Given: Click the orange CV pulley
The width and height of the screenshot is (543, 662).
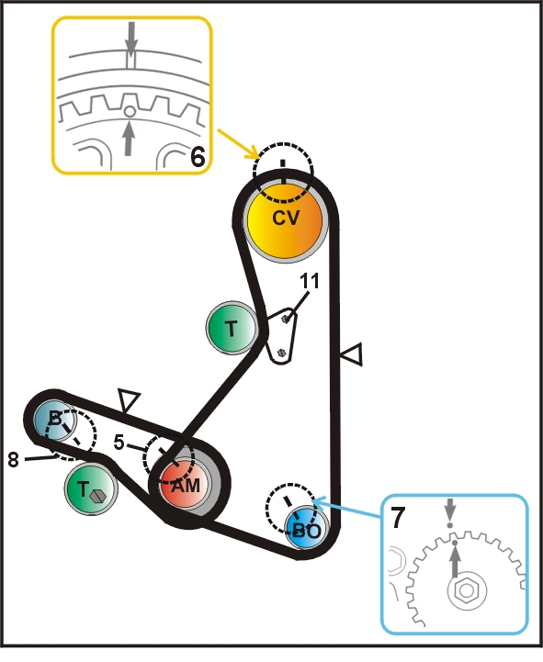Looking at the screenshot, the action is click(285, 219).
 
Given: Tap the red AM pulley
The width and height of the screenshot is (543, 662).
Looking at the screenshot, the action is click(185, 484).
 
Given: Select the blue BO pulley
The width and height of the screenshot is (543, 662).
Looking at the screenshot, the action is click(306, 528).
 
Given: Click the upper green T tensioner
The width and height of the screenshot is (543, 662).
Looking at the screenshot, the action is click(232, 328).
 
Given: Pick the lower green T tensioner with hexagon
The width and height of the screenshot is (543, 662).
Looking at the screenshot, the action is click(90, 488).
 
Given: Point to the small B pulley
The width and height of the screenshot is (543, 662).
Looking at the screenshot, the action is click(54, 420).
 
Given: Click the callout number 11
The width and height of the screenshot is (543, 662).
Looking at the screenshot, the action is click(310, 281).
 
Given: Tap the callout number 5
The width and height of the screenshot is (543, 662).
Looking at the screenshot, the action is click(119, 442).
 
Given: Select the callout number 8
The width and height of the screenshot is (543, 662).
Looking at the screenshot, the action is click(14, 459).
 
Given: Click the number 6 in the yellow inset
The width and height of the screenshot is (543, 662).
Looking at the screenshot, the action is click(198, 157).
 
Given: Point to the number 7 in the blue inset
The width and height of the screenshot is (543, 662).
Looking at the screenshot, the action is click(397, 517).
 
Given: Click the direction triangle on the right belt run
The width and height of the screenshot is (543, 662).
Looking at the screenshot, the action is click(352, 354).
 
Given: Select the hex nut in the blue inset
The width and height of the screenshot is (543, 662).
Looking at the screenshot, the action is click(467, 590).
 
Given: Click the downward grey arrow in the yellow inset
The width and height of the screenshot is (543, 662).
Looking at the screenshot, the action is click(131, 39).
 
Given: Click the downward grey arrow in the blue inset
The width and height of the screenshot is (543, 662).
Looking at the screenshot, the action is click(450, 510).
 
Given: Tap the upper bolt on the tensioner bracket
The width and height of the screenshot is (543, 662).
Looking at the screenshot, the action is click(286, 319).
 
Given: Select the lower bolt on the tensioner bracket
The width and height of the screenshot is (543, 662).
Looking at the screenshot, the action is click(282, 352).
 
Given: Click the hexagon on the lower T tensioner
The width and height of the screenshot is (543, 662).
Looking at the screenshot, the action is click(97, 496).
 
